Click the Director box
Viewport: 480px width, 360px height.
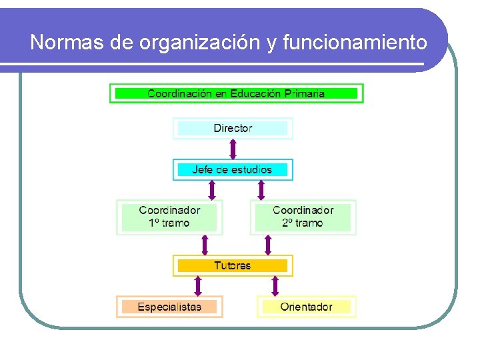(233, 128)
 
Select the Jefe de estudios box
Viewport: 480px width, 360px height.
(233, 169)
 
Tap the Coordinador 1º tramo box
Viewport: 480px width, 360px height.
(169, 217)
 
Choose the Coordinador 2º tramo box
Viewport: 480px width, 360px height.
(303, 217)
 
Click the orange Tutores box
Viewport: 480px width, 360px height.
(233, 265)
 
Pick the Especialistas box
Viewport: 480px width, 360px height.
(169, 307)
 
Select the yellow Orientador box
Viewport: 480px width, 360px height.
(306, 307)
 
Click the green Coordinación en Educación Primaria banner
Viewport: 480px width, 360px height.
(236, 93)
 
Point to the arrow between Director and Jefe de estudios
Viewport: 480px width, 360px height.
(233, 149)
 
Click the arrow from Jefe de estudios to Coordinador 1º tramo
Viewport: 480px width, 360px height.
(212, 190)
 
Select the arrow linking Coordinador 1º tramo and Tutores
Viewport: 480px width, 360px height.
(205, 245)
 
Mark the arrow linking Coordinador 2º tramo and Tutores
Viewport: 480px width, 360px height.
(268, 245)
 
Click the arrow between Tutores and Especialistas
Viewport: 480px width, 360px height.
(197, 286)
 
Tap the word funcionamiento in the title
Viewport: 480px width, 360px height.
(355, 43)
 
